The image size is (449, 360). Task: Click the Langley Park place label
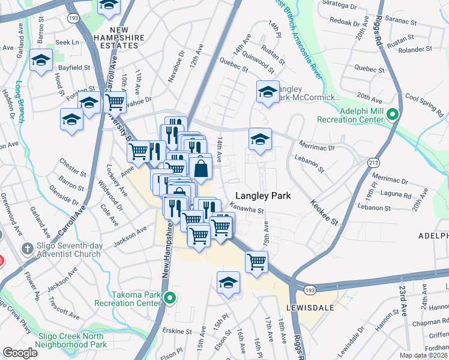pyautogui.click(x=263, y=196)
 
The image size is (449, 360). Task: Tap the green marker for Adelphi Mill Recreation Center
pyautogui.click(x=393, y=114)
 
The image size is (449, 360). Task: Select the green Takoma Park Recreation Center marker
pyautogui.click(x=170, y=297)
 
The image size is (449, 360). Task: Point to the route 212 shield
pyautogui.click(x=375, y=162)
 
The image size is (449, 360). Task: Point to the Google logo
pyautogui.click(x=20, y=353)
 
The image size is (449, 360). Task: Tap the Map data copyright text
pyautogui.click(x=423, y=355)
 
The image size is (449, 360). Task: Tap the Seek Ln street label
pyautogui.click(x=67, y=43)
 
